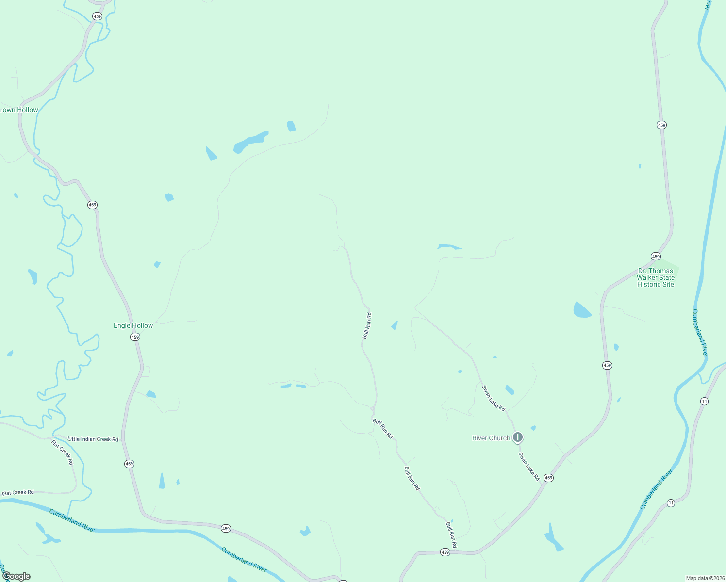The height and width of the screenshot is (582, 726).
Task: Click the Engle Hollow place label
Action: point(133,325)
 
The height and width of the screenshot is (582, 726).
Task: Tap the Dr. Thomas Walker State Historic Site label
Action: point(656,277)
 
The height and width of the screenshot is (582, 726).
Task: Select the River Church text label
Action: point(491,438)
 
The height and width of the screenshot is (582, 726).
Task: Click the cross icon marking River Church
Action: point(518,437)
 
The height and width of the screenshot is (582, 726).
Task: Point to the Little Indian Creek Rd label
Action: point(93,439)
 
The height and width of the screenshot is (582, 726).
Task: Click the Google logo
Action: point(16,576)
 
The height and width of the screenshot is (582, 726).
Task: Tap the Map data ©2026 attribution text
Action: point(705,578)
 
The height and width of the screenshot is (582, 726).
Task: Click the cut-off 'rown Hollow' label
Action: point(19,110)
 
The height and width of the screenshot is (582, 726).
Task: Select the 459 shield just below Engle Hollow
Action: point(135,337)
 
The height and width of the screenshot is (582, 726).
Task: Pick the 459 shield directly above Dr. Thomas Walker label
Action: point(656,256)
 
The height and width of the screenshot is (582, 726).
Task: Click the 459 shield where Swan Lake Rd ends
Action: point(548,478)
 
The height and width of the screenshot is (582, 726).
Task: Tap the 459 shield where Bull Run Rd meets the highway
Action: point(445,552)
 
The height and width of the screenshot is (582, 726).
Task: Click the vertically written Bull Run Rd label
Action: point(367,325)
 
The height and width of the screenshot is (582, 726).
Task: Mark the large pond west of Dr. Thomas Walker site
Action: point(581,310)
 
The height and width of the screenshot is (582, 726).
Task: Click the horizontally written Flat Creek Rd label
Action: point(18,493)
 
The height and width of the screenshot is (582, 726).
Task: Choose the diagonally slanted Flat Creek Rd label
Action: point(63,452)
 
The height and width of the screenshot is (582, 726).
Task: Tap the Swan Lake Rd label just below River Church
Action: point(529,467)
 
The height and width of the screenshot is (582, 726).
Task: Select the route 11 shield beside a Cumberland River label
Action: point(671,503)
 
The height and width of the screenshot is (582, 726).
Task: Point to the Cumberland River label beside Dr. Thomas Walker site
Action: point(700,333)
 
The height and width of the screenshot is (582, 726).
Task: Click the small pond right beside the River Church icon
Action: point(533,428)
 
